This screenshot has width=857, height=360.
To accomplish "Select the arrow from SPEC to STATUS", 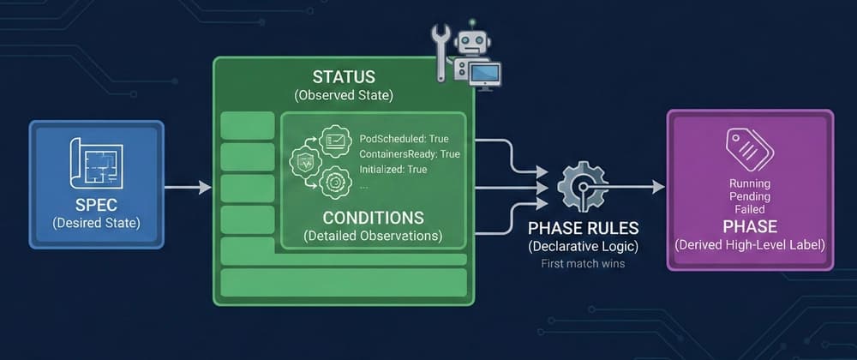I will coord(188,187).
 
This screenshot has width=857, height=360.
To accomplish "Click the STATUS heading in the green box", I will coord(343,75).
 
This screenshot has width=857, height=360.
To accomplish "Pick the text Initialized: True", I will coord(393,170).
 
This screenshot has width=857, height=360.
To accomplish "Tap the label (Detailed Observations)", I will coord(373,234).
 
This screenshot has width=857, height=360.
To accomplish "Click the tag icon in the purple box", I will coord(749,149).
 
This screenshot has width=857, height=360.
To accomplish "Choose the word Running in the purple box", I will coord(749,183).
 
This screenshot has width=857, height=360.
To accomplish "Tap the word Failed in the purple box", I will coord(749,208).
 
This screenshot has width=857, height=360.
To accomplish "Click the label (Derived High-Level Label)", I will coord(749,245).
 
